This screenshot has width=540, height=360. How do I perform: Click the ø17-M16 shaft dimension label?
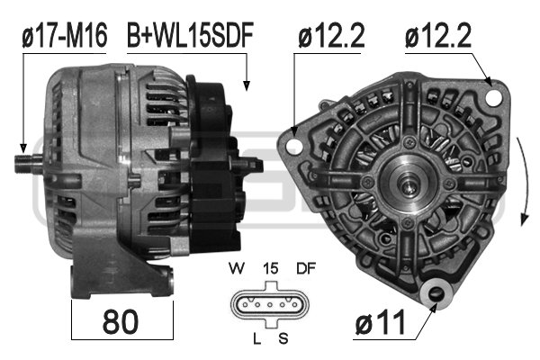coord(64,35)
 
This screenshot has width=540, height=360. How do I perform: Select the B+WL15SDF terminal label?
coord(190,35)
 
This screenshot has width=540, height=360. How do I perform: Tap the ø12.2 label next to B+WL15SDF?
coord(332,35)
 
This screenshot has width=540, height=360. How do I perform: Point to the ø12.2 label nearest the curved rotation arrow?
coord(440,35)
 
